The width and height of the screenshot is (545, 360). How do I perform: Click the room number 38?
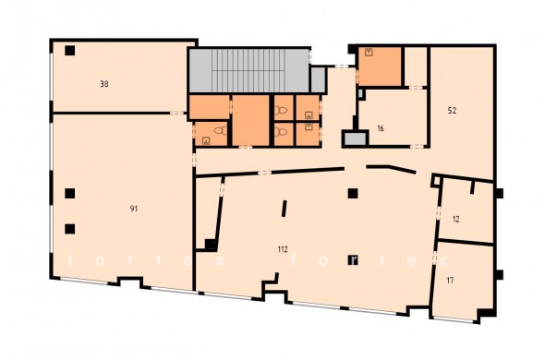(104, 84)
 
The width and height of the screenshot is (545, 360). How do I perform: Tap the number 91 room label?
(134, 209)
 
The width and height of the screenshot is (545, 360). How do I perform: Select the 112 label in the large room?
(283, 249)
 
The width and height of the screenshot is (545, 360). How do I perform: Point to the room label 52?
(452, 111)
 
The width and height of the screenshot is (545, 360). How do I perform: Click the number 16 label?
(381, 128)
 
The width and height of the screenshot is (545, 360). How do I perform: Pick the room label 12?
(456, 220)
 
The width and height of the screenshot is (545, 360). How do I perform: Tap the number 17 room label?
(450, 280)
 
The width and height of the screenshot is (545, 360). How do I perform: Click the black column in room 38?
(70, 51)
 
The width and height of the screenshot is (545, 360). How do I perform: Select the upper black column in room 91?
(70, 193)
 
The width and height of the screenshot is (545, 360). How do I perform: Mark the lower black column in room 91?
(70, 229)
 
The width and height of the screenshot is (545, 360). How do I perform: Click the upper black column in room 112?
(353, 193)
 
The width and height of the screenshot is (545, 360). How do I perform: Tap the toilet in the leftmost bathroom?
(221, 131)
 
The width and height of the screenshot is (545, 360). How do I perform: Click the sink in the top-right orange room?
(369, 53)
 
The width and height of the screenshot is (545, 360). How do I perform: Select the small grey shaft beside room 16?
(355, 139)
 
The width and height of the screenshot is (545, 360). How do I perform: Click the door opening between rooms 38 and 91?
(178, 113)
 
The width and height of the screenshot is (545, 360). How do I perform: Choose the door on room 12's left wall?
(438, 212)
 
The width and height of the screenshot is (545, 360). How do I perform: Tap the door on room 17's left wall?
(434, 258)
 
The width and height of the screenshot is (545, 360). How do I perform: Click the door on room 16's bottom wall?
(418, 147)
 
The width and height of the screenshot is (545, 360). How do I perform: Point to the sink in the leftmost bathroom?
(207, 140)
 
